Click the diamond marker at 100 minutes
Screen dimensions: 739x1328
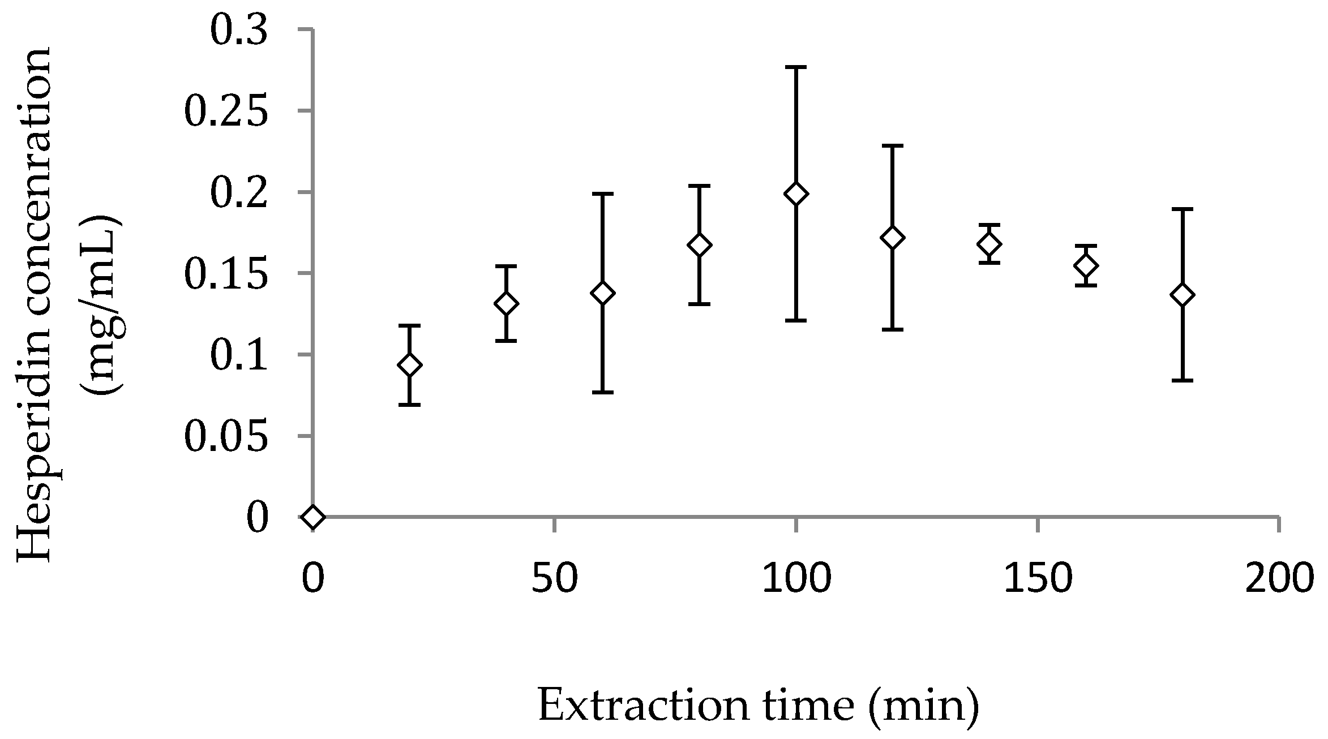click(796, 194)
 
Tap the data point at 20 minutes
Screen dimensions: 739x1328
click(410, 365)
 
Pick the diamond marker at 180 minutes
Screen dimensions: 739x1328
click(1183, 295)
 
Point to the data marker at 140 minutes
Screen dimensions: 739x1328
click(989, 244)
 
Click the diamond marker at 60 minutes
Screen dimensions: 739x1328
click(603, 293)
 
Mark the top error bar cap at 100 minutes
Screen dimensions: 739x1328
click(796, 67)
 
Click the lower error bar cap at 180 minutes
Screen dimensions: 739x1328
click(1183, 380)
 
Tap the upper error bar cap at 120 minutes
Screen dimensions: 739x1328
click(893, 146)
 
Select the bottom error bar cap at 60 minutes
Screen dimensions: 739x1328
click(603, 392)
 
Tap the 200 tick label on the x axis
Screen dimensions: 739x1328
click(1278, 578)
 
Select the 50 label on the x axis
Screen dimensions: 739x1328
click(554, 578)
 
